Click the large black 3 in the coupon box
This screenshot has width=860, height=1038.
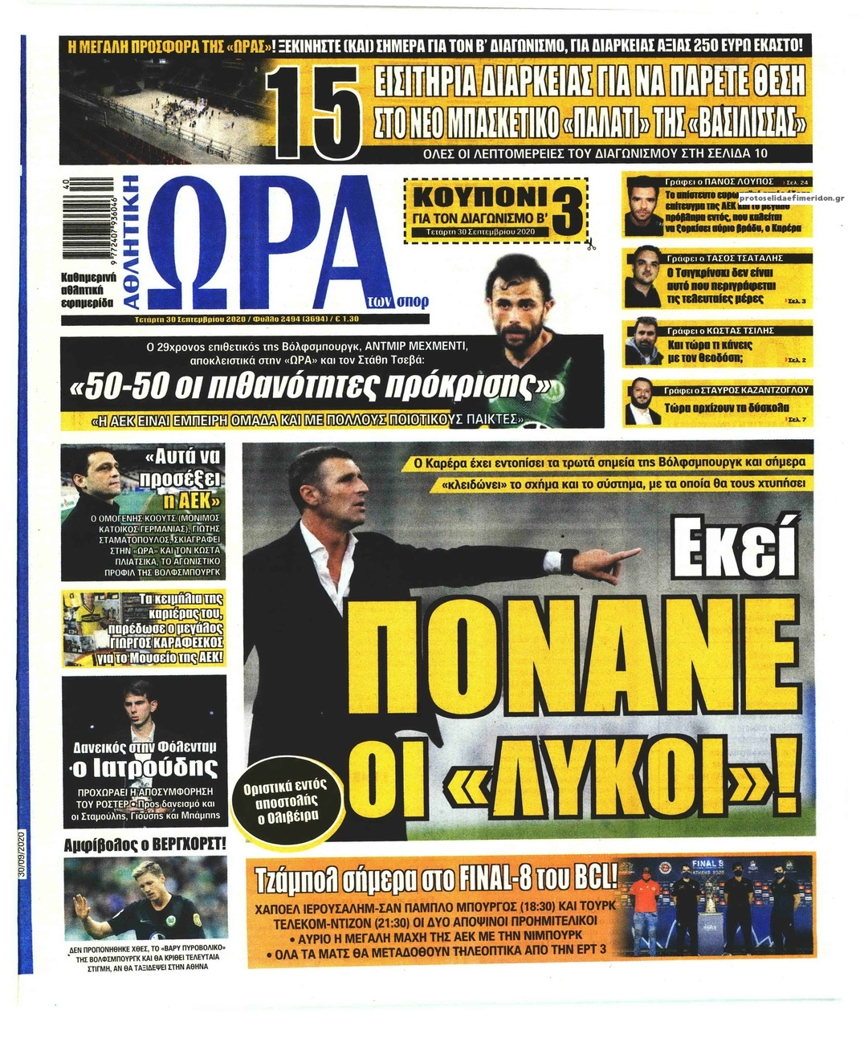click(567, 211)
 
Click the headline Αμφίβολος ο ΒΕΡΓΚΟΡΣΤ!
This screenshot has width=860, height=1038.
click(145, 844)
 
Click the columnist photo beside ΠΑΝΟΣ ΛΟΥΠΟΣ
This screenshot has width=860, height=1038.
click(643, 205)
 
